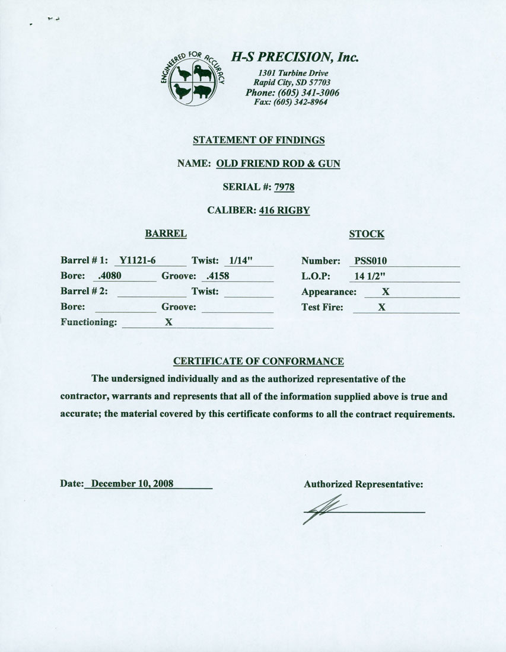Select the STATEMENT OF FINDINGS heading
(259, 140)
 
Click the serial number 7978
(284, 187)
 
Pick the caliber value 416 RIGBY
(285, 210)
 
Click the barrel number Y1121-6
(137, 260)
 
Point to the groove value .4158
(217, 276)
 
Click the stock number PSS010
(370, 260)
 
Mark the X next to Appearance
(386, 292)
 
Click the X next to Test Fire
(382, 307)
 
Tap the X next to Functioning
(168, 322)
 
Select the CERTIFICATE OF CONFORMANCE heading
(259, 361)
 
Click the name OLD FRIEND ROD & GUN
(278, 164)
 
